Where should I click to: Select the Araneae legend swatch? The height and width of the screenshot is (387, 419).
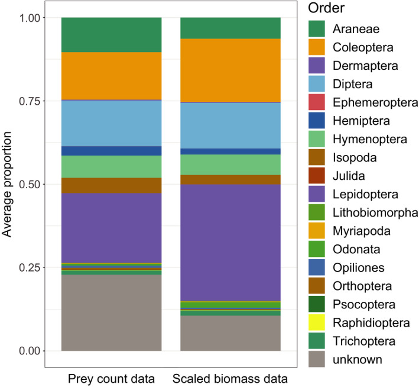[x=317, y=28]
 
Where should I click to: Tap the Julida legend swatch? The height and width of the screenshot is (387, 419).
[x=317, y=176]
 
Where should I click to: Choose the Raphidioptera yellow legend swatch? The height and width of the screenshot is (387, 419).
[x=317, y=322]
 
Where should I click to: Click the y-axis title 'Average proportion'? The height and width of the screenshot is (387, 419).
[x=8, y=184]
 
